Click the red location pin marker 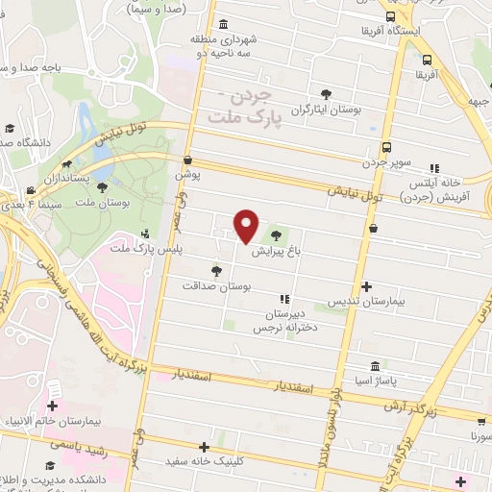(x=247, y=225)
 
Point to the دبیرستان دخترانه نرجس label (x=283, y=321)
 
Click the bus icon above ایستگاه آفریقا (x=390, y=16)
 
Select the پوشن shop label (x=185, y=176)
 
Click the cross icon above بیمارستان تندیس (x=366, y=285)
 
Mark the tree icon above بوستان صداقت (x=216, y=272)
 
